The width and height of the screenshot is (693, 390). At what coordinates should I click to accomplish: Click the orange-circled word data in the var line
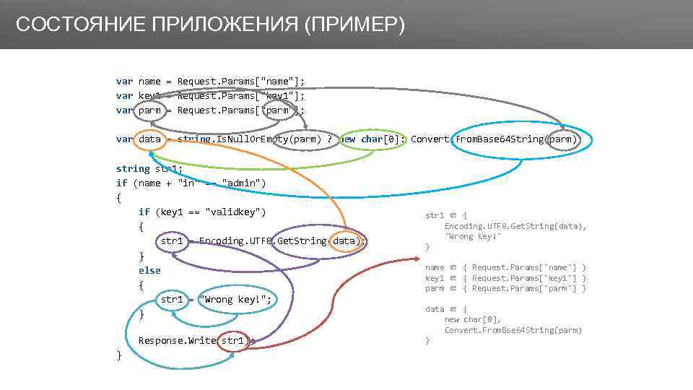click(149, 139)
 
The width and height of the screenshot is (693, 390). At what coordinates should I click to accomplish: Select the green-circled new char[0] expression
click(370, 139)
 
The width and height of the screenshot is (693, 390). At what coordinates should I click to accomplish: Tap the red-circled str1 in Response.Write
click(233, 340)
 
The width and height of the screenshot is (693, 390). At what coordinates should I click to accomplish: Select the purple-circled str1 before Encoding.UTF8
click(171, 241)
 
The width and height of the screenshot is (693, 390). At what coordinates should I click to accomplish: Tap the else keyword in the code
click(149, 270)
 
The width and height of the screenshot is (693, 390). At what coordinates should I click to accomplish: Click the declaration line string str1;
click(149, 168)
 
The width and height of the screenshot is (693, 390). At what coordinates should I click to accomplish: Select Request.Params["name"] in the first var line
click(240, 82)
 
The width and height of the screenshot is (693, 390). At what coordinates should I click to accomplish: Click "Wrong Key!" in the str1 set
click(473, 236)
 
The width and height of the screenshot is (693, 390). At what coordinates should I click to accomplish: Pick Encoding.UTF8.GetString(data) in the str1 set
click(515, 226)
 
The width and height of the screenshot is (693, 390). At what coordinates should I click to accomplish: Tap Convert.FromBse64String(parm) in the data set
click(513, 330)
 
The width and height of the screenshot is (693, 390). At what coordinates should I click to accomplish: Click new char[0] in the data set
click(472, 319)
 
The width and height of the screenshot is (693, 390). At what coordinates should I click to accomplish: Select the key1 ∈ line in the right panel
click(505, 278)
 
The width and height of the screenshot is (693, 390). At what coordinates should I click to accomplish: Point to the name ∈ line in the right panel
click(505, 267)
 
